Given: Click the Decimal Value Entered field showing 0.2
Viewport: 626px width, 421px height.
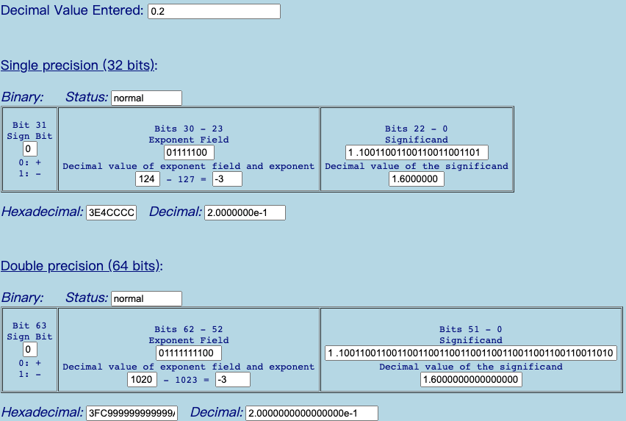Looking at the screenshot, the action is click(x=214, y=11).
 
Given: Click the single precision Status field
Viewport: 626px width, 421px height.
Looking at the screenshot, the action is click(x=146, y=98).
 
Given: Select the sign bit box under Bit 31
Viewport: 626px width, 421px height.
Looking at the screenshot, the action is click(x=30, y=149).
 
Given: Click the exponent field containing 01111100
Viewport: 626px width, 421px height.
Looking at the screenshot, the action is click(x=189, y=152).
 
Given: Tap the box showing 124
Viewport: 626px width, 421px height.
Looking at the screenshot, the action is click(x=148, y=179).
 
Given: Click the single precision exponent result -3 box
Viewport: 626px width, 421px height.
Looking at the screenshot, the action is click(x=227, y=179).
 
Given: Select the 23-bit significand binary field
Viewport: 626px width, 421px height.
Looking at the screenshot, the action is click(x=417, y=152).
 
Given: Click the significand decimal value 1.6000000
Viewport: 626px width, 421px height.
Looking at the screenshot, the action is click(x=417, y=179).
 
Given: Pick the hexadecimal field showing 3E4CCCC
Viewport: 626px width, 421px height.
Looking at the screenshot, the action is click(x=112, y=212).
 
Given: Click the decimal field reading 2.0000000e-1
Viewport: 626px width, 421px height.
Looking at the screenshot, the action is click(x=245, y=212).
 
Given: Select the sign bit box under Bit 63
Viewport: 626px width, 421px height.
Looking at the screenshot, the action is click(x=30, y=350).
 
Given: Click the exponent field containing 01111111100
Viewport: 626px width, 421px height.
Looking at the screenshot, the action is click(x=189, y=353).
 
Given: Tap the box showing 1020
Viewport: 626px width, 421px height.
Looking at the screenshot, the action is click(x=142, y=380).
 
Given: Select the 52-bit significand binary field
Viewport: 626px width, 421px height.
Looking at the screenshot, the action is click(x=471, y=353).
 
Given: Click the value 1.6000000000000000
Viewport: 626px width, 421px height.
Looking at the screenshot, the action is click(x=471, y=380).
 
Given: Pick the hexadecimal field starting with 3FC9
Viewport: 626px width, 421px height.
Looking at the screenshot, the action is click(x=132, y=414).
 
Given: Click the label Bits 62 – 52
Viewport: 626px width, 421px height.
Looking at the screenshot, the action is click(x=188, y=329).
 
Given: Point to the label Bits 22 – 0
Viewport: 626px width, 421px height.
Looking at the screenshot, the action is click(x=417, y=129).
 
